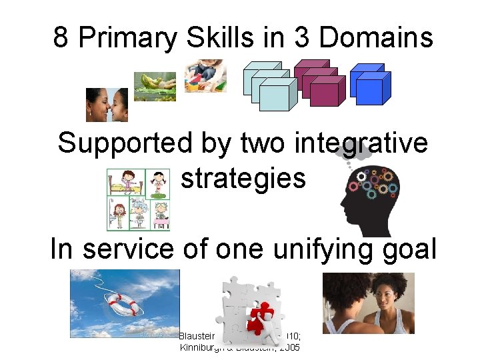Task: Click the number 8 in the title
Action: pyautogui.click(x=61, y=38)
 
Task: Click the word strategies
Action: pyautogui.click(x=243, y=178)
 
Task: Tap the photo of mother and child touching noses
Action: pyautogui.click(x=107, y=105)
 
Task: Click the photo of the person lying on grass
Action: pyautogui.click(x=155, y=86)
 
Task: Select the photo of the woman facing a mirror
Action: pyautogui.click(x=368, y=303)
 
